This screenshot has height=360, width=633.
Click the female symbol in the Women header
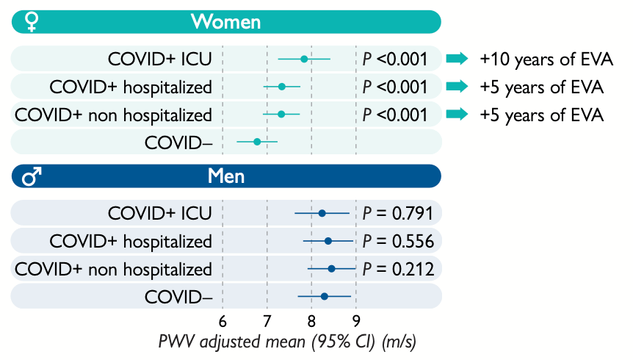(x=31, y=22)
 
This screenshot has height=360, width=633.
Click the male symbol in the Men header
(x=32, y=176)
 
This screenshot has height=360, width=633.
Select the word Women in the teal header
(x=225, y=22)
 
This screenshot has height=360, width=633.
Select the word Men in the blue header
(x=226, y=176)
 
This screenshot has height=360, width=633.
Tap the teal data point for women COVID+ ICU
(x=304, y=59)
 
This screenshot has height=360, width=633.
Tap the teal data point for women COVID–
(x=257, y=141)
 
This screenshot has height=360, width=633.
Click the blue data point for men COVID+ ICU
(x=322, y=214)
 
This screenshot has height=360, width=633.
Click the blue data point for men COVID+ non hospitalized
(x=331, y=269)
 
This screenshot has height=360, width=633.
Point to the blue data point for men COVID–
(x=324, y=296)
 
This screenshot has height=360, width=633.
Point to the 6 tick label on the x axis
(x=223, y=321)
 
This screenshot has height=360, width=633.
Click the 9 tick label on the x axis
(x=356, y=321)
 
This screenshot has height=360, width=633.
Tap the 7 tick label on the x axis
(x=267, y=321)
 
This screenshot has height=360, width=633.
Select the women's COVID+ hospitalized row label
(x=131, y=87)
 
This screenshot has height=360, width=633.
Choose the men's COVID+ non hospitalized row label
(x=114, y=269)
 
